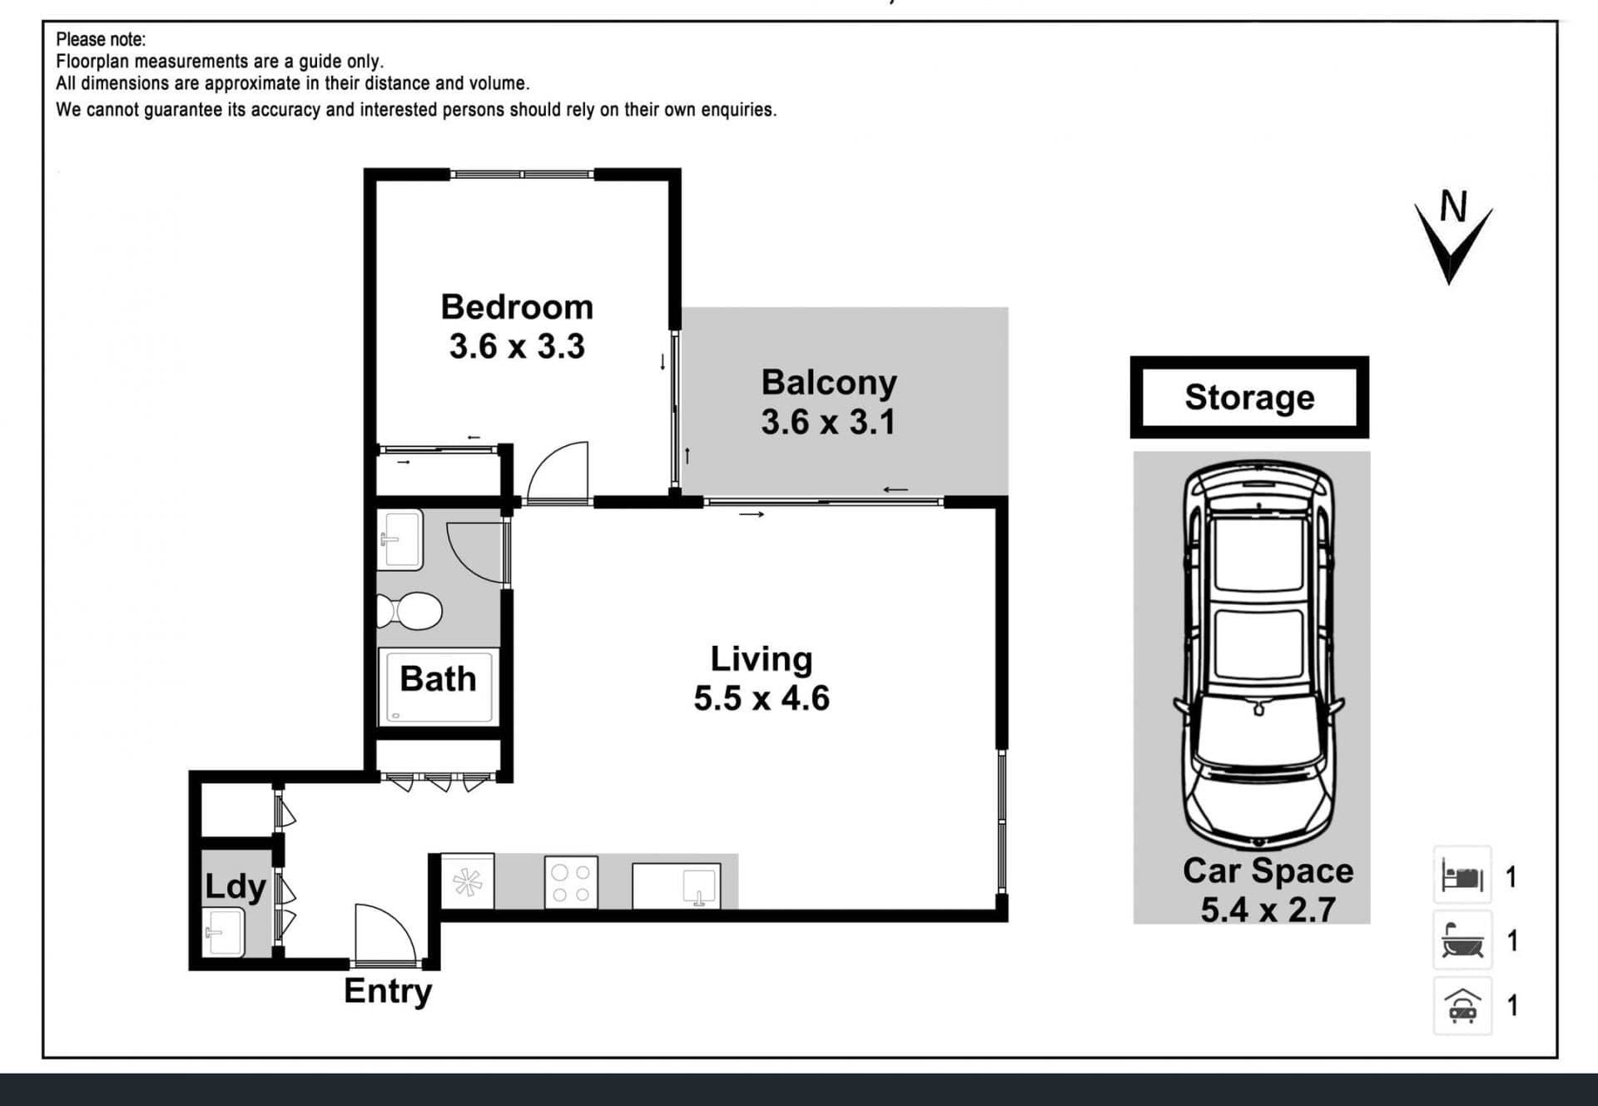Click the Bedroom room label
pos(517,307)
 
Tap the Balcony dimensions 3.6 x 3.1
pos(828,421)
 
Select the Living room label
pos(762,659)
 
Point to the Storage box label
pos(1249,398)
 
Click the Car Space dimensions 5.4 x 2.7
pos(1268,909)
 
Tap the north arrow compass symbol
pos(1453,237)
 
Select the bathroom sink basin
pos(400,539)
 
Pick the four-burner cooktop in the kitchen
pos(571,883)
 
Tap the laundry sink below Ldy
pos(223,932)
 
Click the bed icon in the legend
pos(1462,876)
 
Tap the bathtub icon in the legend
pos(1462,940)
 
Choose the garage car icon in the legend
pos(1462,1005)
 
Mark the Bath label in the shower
pos(438,679)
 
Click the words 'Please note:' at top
pos(101,39)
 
